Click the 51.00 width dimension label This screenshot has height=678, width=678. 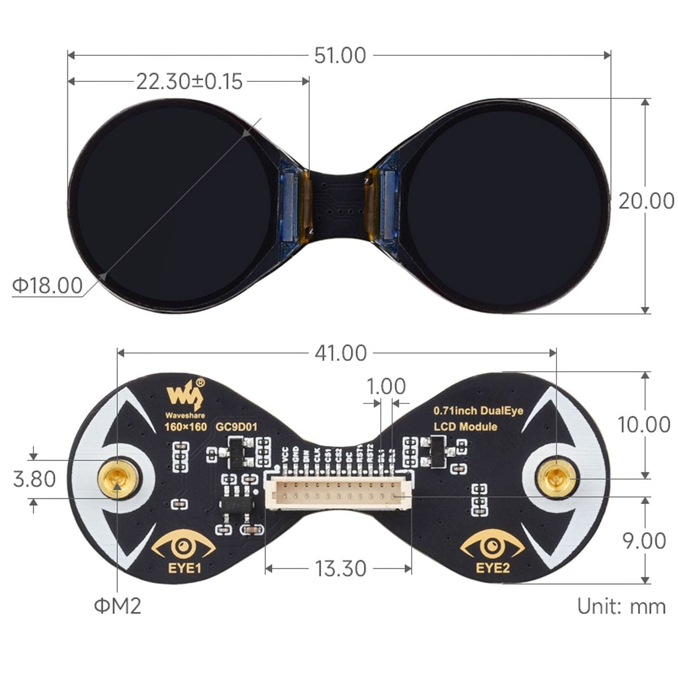[x=340, y=55]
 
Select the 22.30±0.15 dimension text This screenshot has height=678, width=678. [x=189, y=82]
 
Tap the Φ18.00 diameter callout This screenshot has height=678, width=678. [x=47, y=286]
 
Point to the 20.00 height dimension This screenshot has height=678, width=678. [x=646, y=201]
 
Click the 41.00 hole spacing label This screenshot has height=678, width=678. [x=340, y=353]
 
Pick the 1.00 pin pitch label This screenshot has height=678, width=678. [x=386, y=387]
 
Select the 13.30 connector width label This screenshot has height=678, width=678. [x=340, y=568]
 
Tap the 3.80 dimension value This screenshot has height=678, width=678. [x=34, y=480]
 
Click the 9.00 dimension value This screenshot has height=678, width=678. [x=644, y=541]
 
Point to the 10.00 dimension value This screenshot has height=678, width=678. [x=644, y=424]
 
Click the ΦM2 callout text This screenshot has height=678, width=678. [x=118, y=606]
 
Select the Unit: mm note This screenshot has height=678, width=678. [x=621, y=607]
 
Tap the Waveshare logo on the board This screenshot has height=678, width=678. [x=184, y=395]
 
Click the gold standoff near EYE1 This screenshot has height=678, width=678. [x=118, y=479]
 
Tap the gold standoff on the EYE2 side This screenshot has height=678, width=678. [x=557, y=478]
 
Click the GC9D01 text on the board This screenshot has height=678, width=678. [x=236, y=427]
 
